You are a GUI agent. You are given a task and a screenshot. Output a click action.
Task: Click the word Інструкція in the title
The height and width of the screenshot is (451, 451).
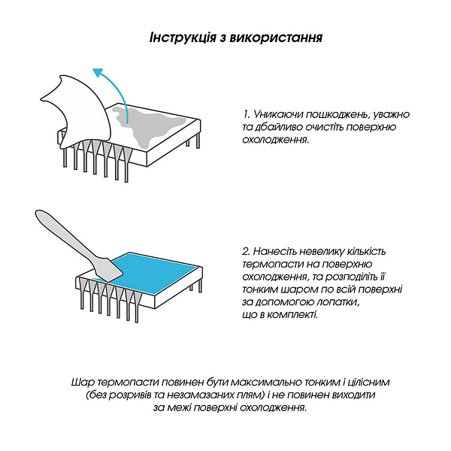pos(183,38)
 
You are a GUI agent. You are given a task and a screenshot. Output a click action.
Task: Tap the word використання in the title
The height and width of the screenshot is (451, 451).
pos(276,38)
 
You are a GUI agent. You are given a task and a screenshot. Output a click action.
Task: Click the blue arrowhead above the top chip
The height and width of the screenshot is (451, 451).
pos(98,73)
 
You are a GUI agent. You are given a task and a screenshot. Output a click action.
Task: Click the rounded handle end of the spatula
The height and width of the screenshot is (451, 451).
pos(41,216)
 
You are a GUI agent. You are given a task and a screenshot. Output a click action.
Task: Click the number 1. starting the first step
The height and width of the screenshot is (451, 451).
pos(247,114)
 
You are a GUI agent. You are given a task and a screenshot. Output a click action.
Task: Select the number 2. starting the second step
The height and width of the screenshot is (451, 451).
pos(247,252)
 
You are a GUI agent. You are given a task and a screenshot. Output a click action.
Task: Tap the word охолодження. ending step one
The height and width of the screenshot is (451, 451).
pos(276,140)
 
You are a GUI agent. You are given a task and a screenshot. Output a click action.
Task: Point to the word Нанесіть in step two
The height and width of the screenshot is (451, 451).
pos(275,252)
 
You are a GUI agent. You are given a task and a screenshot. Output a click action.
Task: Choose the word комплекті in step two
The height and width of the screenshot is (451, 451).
pos(292,315)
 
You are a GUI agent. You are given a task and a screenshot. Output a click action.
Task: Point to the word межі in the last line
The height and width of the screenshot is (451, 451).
pos(180,408)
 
